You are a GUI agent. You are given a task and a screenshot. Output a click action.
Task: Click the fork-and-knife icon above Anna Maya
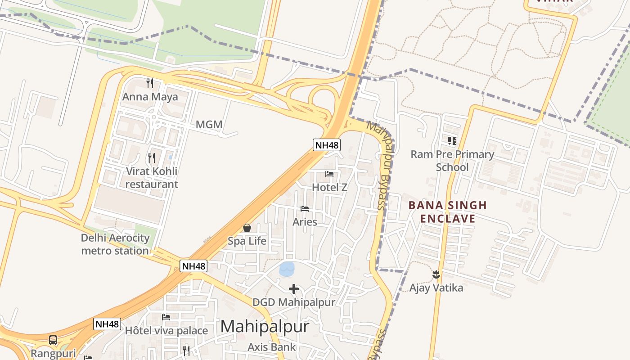pyautogui.click(x=150, y=83)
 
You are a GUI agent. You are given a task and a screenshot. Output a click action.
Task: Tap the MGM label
pyautogui.click(x=209, y=125)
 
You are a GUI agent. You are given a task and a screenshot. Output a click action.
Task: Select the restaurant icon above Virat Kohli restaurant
pyautogui.click(x=152, y=157)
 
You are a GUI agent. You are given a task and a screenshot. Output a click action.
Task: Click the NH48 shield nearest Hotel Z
pyautogui.click(x=327, y=145)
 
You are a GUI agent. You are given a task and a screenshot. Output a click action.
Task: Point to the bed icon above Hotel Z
pyautogui.click(x=329, y=174)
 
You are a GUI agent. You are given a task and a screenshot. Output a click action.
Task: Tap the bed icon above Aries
pyautogui.click(x=305, y=209)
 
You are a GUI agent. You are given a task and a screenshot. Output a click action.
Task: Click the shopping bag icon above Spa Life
pyautogui.click(x=247, y=228)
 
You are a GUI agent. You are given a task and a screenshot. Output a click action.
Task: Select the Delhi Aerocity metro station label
pyautogui.click(x=115, y=244)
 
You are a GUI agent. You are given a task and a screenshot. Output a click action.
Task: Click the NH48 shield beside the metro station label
pyautogui.click(x=194, y=266)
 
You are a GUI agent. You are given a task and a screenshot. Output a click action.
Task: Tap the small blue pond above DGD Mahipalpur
pyautogui.click(x=287, y=269)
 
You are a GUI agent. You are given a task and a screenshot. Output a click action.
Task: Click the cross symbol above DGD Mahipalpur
pyautogui.click(x=294, y=288)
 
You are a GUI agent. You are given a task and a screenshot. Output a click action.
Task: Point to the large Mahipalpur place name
pyautogui.click(x=265, y=326)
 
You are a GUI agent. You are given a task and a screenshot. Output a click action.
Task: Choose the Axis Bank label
pyautogui.click(x=272, y=347)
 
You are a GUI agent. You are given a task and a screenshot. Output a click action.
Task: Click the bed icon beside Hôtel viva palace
pyautogui.click(x=166, y=317)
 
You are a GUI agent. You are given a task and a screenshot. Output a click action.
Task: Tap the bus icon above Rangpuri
pyautogui.click(x=53, y=340)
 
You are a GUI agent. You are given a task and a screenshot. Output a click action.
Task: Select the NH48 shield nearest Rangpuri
pyautogui.click(x=108, y=324)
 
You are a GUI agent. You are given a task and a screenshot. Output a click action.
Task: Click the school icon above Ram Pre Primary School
pyautogui.click(x=452, y=141)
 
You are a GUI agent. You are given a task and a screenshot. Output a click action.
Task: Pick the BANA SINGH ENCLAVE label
pyautogui.click(x=447, y=212)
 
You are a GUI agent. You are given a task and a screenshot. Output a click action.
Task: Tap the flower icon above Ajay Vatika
pyautogui.click(x=436, y=274)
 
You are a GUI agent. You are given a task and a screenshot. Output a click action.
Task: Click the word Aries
pyautogui.click(x=305, y=222)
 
